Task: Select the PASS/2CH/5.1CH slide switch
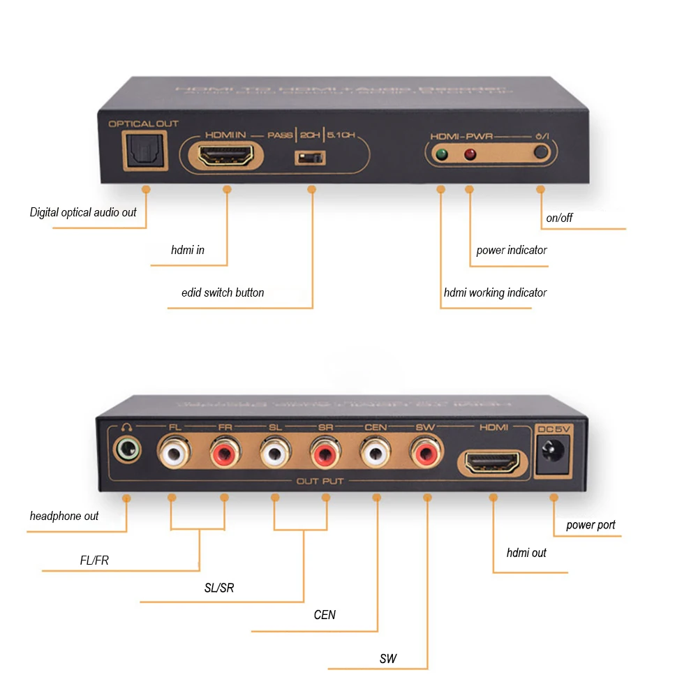(311, 158)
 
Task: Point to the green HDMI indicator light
(440, 155)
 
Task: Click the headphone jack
(126, 450)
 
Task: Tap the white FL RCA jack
(172, 454)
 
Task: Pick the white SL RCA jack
(274, 454)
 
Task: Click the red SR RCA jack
(325, 454)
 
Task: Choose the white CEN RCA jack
(376, 454)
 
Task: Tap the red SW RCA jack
(425, 454)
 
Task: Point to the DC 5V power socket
(555, 458)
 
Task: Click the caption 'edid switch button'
(223, 292)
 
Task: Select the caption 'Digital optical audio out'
(83, 212)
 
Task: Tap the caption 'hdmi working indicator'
(495, 292)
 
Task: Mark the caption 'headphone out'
(64, 516)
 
